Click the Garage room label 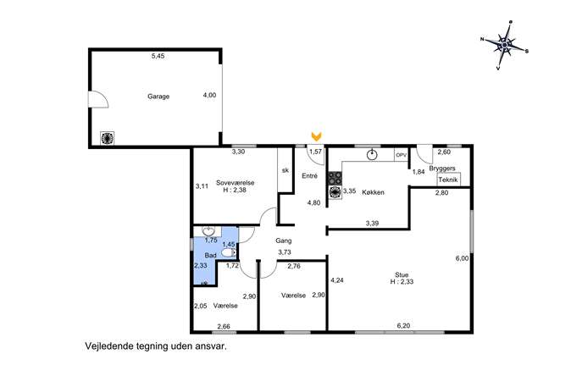(x=158, y=97)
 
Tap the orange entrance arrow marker (x=316, y=136)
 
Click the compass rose (x=504, y=45)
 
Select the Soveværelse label (x=235, y=183)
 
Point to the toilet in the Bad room (x=228, y=252)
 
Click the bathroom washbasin (x=209, y=231)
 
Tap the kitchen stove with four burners (x=335, y=178)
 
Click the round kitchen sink (x=372, y=155)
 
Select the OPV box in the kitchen (x=402, y=155)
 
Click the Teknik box (x=448, y=180)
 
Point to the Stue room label (x=402, y=275)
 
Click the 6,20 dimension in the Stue (x=403, y=326)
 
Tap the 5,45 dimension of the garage (x=158, y=57)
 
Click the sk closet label (x=285, y=170)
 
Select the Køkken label (x=373, y=192)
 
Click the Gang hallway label (x=283, y=240)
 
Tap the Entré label (x=309, y=176)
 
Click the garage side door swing (x=98, y=99)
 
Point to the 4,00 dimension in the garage (x=209, y=96)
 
